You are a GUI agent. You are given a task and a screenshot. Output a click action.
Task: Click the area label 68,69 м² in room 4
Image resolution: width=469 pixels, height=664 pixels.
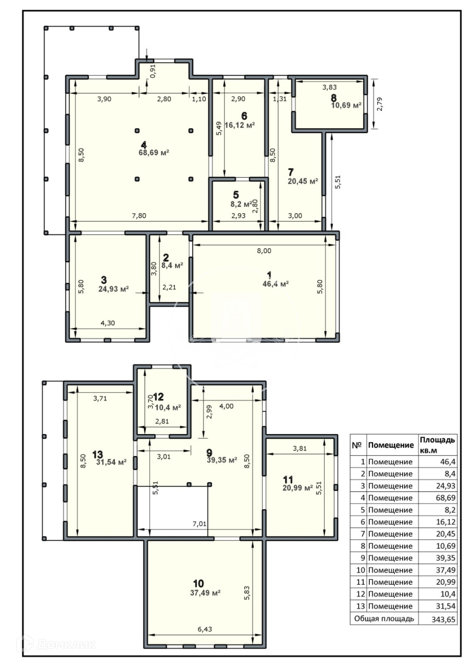coord(154,153)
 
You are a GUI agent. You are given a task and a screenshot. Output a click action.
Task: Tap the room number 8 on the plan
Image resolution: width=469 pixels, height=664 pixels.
coord(333,98)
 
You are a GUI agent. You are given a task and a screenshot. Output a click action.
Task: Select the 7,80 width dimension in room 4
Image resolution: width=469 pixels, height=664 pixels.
coord(139,215)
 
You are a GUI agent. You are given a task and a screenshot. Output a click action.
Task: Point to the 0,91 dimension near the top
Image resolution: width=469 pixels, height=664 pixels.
coord(153,71)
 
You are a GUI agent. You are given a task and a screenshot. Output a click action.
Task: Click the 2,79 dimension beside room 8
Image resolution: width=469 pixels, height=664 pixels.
coord(379,104)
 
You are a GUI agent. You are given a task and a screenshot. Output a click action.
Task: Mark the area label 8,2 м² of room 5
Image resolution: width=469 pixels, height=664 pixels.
coord(241,204)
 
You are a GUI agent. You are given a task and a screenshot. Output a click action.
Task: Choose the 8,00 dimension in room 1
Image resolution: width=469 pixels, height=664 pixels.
coord(264,251)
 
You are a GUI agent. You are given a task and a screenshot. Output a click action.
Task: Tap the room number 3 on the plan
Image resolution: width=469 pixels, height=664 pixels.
coord(104,280)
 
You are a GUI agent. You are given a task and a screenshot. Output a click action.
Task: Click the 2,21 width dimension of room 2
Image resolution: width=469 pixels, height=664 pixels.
coord(169,287)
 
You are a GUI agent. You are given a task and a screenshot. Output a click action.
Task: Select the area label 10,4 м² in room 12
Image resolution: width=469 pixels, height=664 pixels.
coord(168,407)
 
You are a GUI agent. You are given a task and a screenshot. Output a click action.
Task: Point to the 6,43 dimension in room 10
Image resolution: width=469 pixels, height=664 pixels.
coord(205,629)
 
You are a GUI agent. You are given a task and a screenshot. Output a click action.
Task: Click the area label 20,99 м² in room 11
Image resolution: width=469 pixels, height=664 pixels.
coord(297,488)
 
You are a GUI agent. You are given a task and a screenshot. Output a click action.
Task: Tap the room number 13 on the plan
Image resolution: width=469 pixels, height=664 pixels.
coord(98,454)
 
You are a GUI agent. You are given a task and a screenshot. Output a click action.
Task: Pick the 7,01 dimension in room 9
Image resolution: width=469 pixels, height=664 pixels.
coord(200,524)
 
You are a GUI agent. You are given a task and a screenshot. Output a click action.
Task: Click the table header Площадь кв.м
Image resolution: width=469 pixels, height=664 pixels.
coord(437,445)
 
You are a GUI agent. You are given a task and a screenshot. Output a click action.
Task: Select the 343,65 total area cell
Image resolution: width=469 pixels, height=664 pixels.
coord(443,619)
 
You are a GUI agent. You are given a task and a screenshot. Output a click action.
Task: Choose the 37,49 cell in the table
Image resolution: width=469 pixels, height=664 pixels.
coord(445,570)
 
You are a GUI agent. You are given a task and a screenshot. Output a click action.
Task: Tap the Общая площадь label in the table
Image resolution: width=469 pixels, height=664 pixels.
coord(384,618)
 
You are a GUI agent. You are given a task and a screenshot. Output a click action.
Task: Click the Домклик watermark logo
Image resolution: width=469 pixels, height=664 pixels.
coord(56,644)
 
